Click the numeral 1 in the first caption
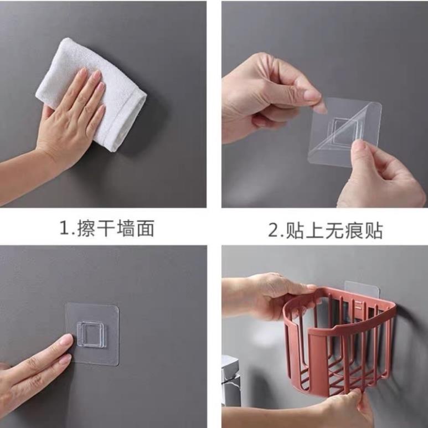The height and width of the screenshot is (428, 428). coord(65,228)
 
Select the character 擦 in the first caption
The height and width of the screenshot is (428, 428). coord(86,228)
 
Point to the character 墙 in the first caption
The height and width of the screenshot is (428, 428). coord(126,228)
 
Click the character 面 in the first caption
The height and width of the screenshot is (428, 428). coord(146,228)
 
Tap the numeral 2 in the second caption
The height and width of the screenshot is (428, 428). coord(274,230)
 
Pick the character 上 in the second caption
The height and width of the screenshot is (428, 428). coord(315,230)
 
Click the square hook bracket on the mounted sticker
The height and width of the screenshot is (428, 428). coord(91,335)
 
